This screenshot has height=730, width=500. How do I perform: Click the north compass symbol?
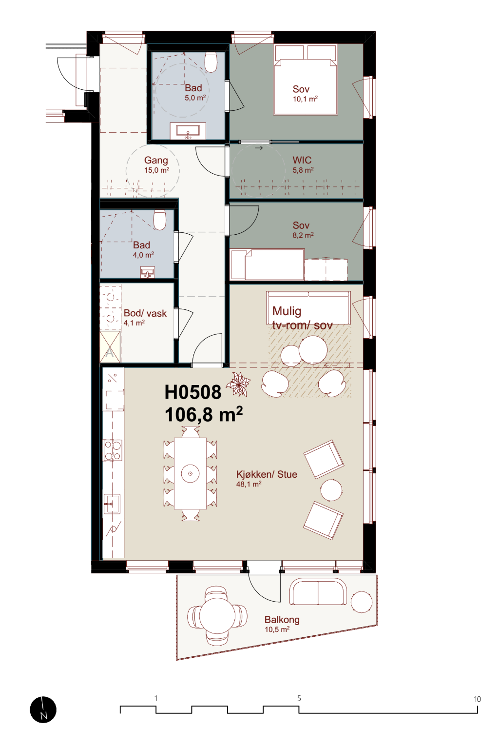pos(43,710)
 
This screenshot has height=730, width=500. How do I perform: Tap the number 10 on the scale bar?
pos(477,699)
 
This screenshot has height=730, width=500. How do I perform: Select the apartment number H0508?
pos(192,392)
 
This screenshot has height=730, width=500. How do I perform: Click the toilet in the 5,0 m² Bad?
pos(211,62)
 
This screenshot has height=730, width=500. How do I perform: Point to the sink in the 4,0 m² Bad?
pos(148,272)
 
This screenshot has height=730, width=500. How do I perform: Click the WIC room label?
pos(302,160)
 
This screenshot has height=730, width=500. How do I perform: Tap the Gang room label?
pos(156,160)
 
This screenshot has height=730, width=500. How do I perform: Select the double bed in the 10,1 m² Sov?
pos(306,80)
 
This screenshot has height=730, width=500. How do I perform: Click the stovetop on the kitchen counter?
pos(113,450)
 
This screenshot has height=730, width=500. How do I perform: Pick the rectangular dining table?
pos(190,473)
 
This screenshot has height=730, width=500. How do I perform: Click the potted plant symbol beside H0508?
pos(239,385)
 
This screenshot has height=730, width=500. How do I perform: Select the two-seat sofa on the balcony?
pos(318,591)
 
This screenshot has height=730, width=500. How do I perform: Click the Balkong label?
pos(282,620)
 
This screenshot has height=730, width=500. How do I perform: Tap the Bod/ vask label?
pos(145,313)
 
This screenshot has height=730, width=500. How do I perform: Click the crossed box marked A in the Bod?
pos(110,347)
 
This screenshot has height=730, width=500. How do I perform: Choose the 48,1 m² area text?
pos(249,484)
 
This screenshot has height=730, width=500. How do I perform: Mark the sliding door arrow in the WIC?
pos(259,148)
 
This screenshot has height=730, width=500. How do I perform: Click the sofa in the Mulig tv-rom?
pos(308,307)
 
